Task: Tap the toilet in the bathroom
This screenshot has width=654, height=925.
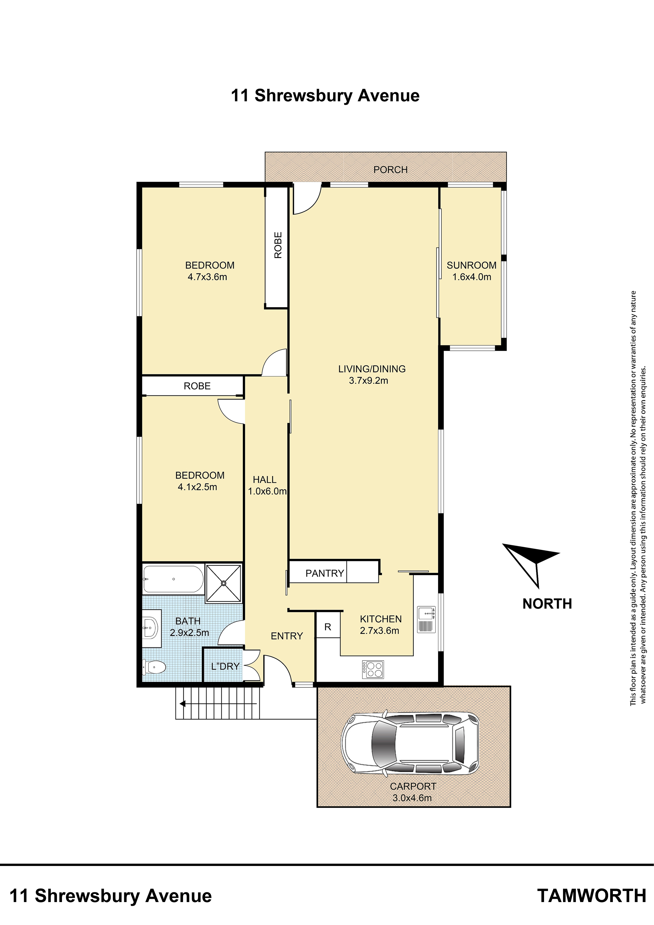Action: (154, 667)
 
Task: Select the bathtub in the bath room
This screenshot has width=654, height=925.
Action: (173, 579)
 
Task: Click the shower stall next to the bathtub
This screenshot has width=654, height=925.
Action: (224, 583)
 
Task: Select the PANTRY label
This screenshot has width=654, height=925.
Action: (325, 573)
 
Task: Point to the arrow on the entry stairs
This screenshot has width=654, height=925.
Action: (218, 704)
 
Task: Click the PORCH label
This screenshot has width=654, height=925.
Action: (391, 170)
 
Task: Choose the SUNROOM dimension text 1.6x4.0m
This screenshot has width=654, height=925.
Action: (472, 277)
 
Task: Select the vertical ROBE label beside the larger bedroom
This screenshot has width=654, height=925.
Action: (278, 245)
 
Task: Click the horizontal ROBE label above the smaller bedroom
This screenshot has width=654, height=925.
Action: (197, 386)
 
